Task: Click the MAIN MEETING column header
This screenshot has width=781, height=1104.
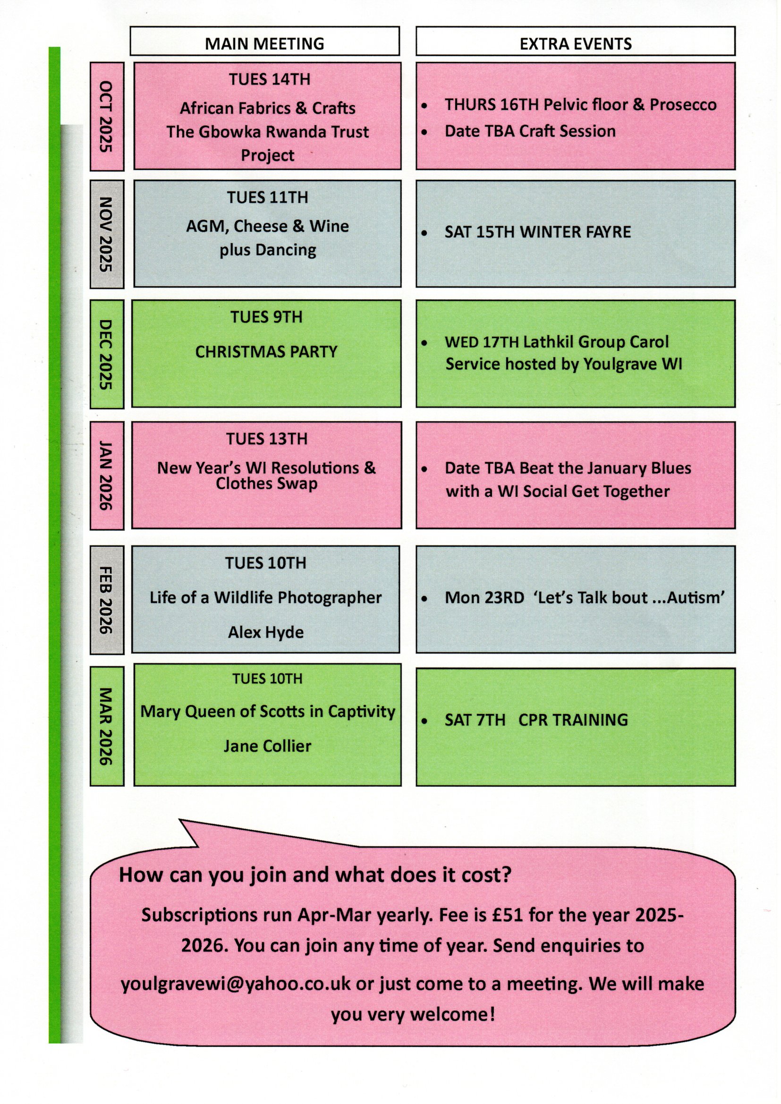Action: [x=264, y=44]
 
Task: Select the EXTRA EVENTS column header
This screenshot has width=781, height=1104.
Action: [x=576, y=44]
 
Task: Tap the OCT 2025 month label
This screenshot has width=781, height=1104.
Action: [x=106, y=116]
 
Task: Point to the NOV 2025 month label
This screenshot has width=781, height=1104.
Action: [x=106, y=234]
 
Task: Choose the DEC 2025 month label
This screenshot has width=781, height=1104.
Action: [x=106, y=354]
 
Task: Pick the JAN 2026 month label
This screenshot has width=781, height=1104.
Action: [x=106, y=476]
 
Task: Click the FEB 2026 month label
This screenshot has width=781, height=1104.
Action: [x=106, y=600]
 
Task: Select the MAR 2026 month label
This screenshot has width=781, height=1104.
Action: [x=106, y=727]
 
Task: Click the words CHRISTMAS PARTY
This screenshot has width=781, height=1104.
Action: [x=266, y=351]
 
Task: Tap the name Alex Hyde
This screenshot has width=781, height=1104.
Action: [x=266, y=632]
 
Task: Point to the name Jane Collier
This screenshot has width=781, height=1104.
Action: [x=267, y=746]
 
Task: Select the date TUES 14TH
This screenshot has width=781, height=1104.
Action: [x=269, y=79]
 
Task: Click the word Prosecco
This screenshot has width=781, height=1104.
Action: [x=683, y=104]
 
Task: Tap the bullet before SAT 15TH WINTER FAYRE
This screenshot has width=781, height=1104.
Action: [x=424, y=234]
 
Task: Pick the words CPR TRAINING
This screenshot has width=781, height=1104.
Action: [x=573, y=720]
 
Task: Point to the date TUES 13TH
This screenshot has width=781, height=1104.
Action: [x=267, y=439]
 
